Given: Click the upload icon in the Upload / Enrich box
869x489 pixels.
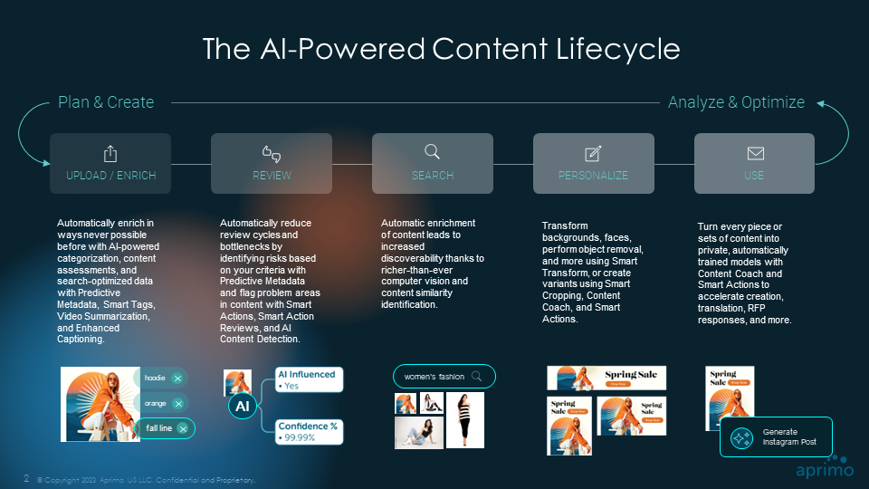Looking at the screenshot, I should pyautogui.click(x=110, y=153).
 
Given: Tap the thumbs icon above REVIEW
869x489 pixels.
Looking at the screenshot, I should pyautogui.click(x=272, y=153).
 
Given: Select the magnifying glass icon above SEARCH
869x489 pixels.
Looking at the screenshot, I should pyautogui.click(x=433, y=152).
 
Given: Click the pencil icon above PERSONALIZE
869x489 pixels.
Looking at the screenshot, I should pyautogui.click(x=593, y=153).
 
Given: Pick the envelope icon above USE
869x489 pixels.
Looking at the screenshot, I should pyautogui.click(x=754, y=153).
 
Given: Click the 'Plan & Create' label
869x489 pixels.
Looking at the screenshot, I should pyautogui.click(x=106, y=102).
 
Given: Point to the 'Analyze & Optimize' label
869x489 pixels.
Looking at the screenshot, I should pyautogui.click(x=736, y=102).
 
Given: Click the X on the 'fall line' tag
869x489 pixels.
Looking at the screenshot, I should pyautogui.click(x=184, y=428).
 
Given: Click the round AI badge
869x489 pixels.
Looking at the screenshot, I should pyautogui.click(x=243, y=407).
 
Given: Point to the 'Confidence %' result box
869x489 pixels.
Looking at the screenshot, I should pyautogui.click(x=309, y=432).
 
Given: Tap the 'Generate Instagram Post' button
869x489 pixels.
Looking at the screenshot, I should pyautogui.click(x=776, y=436).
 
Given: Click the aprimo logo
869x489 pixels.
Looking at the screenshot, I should pyautogui.click(x=824, y=468).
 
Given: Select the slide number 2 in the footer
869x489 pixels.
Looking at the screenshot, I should pyautogui.click(x=26, y=477).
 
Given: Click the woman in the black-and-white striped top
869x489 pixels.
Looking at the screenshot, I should pyautogui.click(x=465, y=419).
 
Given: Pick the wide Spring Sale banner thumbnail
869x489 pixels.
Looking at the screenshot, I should pyautogui.click(x=606, y=378).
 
